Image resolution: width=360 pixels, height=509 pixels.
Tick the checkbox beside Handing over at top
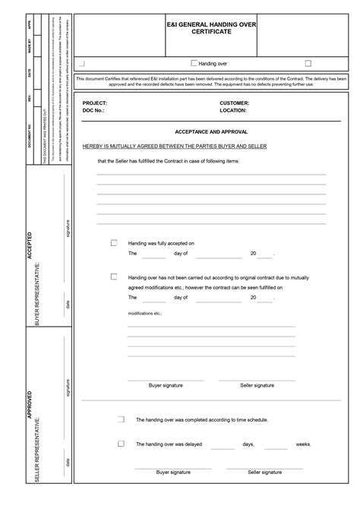point(194,64)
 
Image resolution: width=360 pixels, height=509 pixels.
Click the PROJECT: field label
point(95,103)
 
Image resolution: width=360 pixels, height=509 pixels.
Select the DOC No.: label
point(93,110)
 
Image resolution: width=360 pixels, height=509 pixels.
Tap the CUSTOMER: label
point(235,103)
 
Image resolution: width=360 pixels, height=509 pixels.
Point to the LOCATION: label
point(234,110)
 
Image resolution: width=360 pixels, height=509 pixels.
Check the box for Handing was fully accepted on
point(114,243)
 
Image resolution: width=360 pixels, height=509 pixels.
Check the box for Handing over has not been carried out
point(114,277)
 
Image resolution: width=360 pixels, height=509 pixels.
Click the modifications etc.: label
point(145,313)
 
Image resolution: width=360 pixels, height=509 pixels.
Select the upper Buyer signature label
point(166,385)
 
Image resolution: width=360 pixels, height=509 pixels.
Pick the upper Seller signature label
point(257,385)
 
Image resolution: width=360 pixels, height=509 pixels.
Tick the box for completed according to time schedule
point(121,419)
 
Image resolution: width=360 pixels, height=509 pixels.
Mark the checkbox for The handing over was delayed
point(121,444)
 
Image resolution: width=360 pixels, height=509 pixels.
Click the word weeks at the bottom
point(303,444)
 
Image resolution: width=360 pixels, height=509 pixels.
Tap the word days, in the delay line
point(248,444)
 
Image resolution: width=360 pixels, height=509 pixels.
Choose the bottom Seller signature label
point(264,472)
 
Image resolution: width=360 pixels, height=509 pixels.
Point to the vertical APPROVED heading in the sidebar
point(30,405)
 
